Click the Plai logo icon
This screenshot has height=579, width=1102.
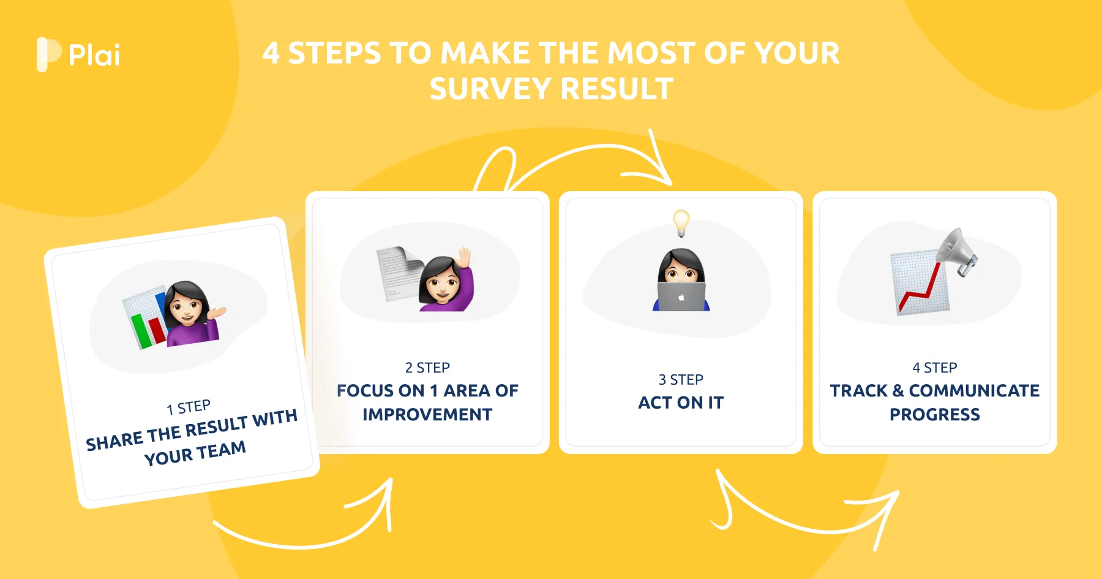click(x=48, y=54)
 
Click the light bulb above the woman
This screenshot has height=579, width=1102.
click(x=681, y=222)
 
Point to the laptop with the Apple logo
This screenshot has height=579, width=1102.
click(x=681, y=297)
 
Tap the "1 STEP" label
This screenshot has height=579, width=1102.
click(x=189, y=407)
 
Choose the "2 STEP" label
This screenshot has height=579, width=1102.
click(x=427, y=368)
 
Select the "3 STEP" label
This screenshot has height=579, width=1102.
click(x=681, y=380)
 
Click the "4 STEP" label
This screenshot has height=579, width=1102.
click(x=934, y=368)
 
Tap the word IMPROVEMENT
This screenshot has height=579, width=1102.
click(x=427, y=415)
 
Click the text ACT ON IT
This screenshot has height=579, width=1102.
click(x=681, y=403)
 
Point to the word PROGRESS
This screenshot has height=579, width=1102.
click(x=934, y=415)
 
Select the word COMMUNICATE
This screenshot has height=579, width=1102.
click(x=974, y=391)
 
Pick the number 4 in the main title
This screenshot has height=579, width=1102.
click(x=271, y=53)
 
